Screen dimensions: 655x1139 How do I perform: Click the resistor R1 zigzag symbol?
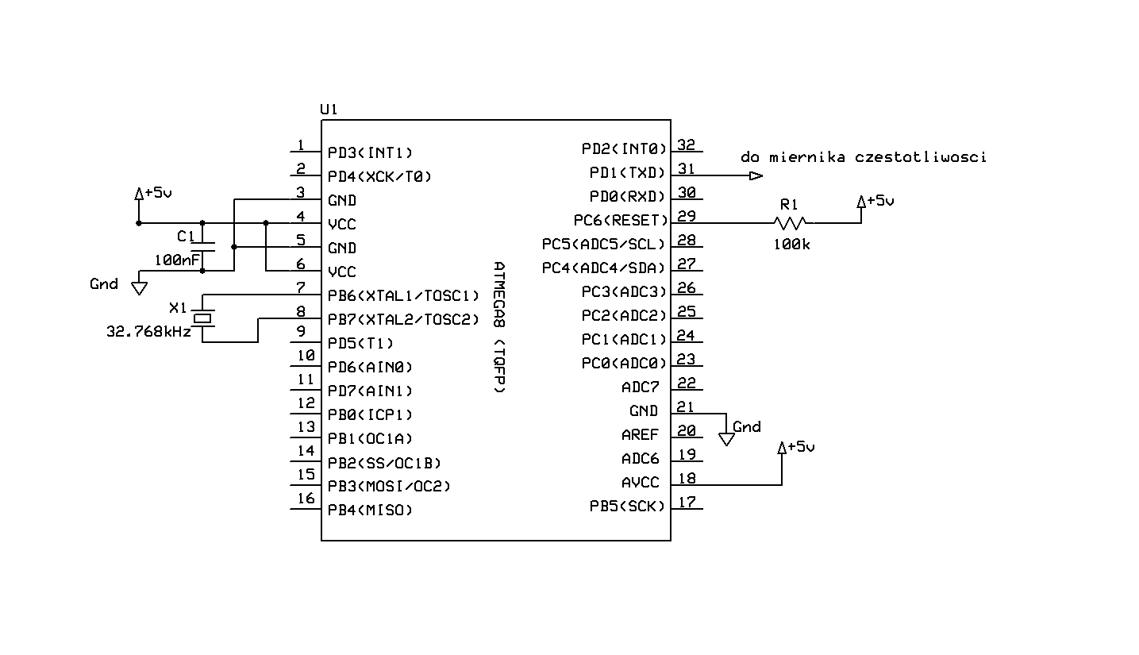tap(791, 223)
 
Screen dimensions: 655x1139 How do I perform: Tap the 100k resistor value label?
tap(792, 245)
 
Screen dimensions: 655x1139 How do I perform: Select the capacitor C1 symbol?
tap(203, 247)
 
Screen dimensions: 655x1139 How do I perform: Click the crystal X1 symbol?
tap(205, 318)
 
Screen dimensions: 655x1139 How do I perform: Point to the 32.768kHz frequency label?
tap(149, 333)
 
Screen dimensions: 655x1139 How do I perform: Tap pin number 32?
tap(686, 145)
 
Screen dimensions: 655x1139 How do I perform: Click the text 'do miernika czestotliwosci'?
tap(864, 157)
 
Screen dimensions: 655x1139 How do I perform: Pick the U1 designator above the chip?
tap(329, 110)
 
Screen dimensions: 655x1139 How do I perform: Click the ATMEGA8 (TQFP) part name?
tap(498, 327)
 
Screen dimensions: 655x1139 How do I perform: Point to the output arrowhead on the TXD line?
tap(756, 175)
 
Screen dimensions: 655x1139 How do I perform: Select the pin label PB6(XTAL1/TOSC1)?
tap(404, 296)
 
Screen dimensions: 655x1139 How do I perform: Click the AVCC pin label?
tap(640, 483)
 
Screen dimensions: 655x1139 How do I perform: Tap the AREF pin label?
tap(640, 435)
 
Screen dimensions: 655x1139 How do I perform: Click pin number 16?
tap(306, 499)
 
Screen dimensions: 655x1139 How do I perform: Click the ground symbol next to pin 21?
tap(726, 438)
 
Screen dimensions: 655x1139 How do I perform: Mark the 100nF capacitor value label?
tap(177, 260)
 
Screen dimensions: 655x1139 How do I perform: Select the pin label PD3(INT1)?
tap(371, 152)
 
